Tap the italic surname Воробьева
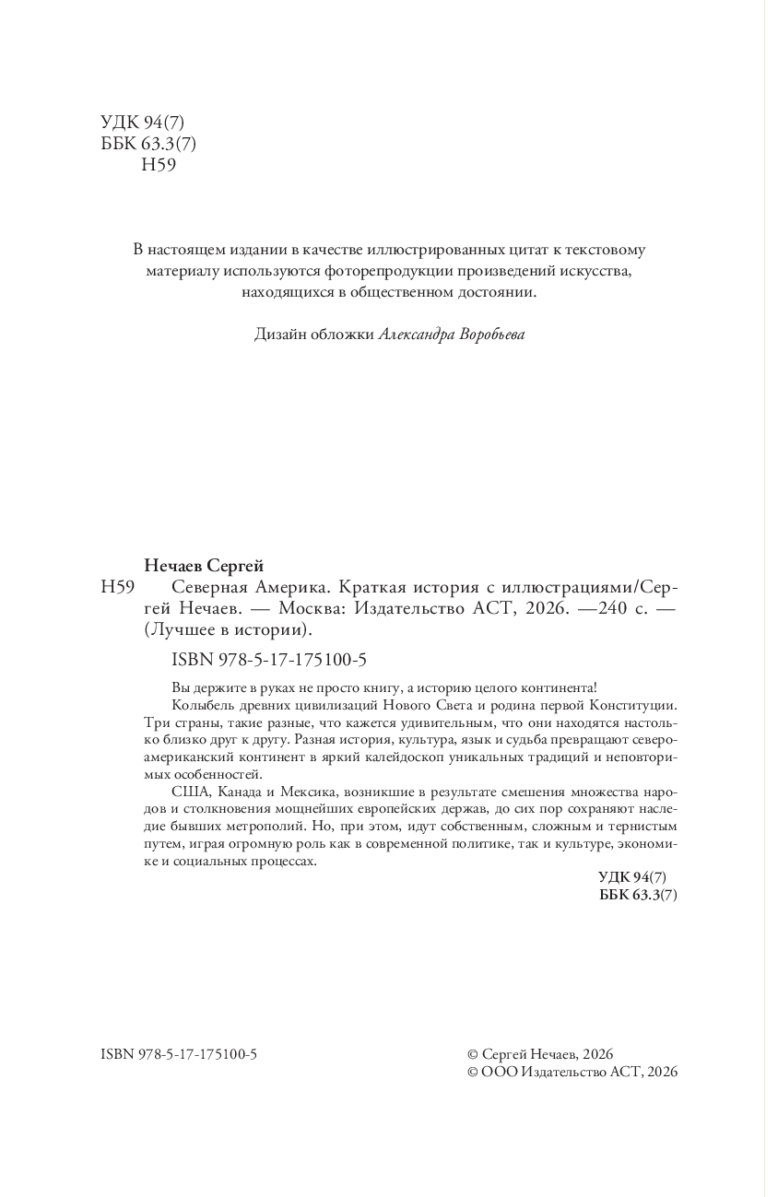(x=490, y=334)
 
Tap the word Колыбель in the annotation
(x=199, y=705)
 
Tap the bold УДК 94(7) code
(x=638, y=876)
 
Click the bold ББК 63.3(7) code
(x=638, y=895)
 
